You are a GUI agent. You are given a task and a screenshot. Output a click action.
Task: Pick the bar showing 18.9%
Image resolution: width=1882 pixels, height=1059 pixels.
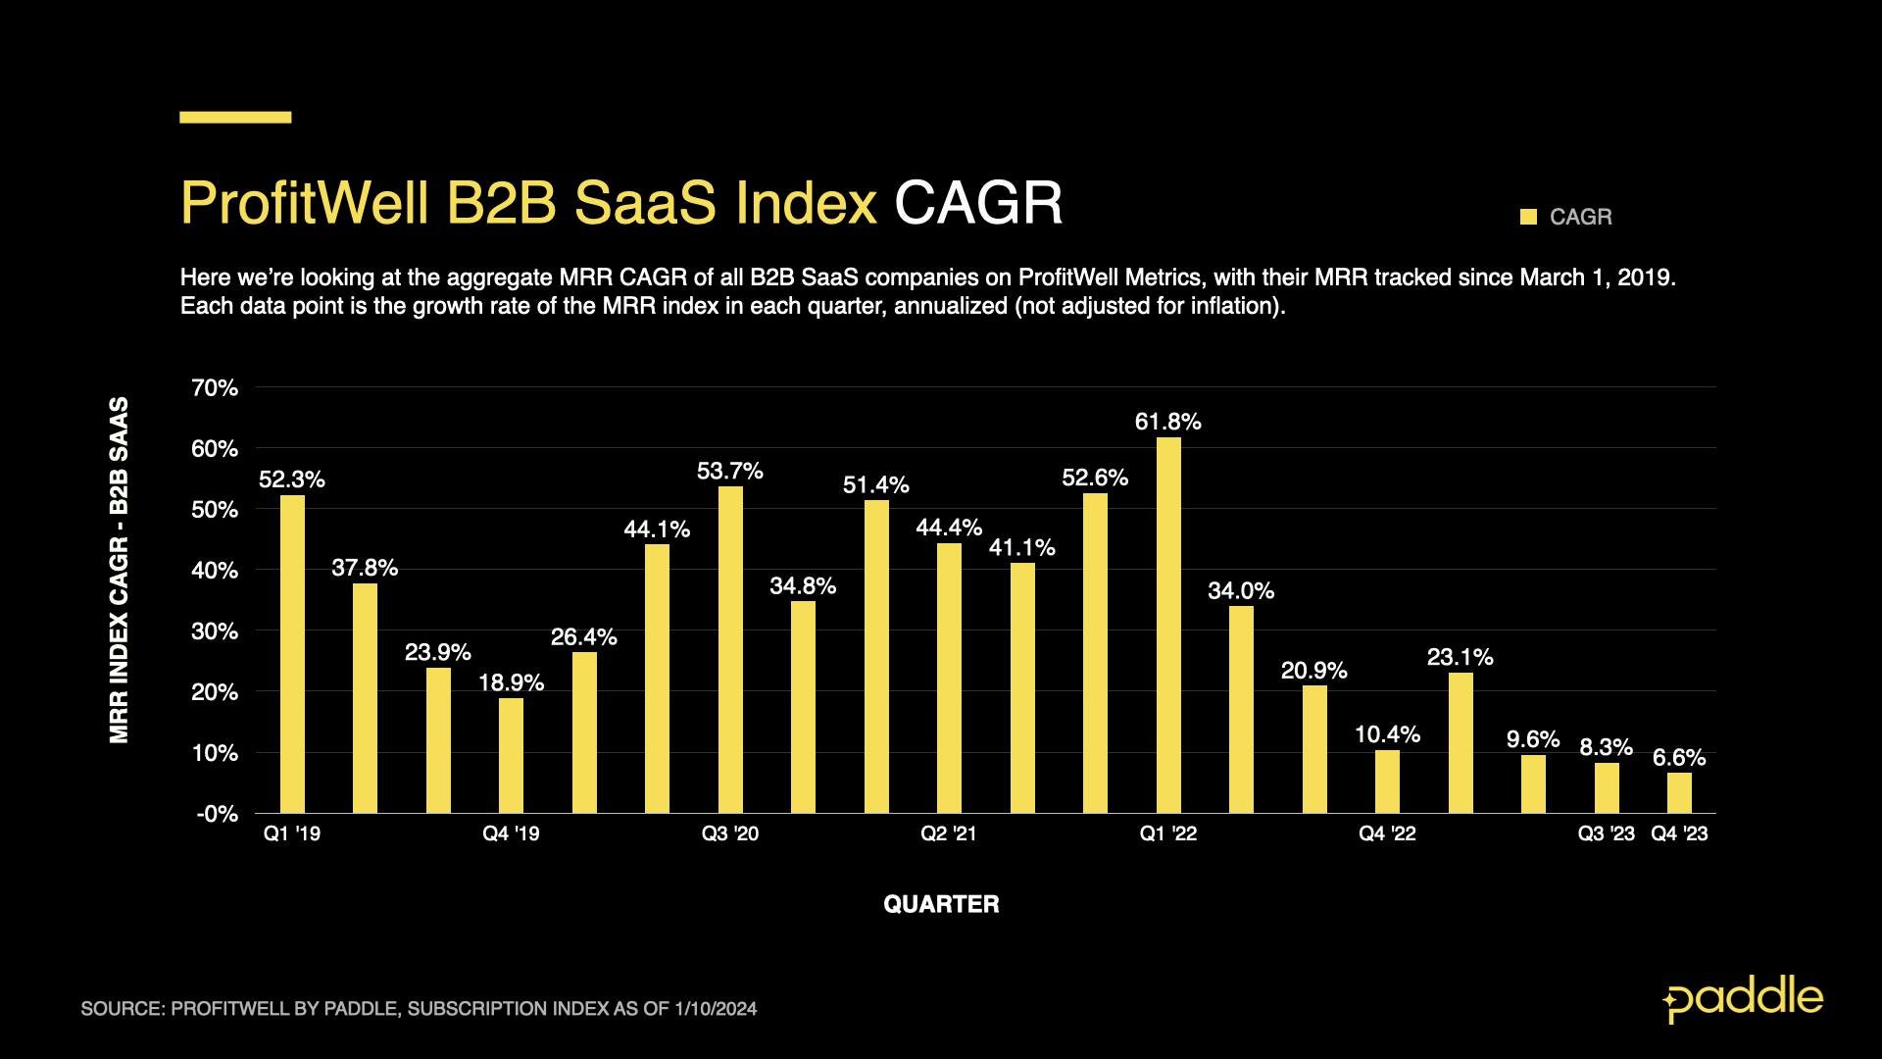tap(511, 755)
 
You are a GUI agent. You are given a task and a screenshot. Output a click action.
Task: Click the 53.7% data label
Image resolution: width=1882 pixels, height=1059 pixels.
tap(729, 472)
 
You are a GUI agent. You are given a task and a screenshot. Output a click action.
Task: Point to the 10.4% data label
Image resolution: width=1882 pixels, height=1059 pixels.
tap(1387, 734)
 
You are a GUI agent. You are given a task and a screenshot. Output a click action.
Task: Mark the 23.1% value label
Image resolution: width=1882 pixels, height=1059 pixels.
tap(1460, 657)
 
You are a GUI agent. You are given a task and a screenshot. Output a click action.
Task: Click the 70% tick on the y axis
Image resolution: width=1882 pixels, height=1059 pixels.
tap(216, 388)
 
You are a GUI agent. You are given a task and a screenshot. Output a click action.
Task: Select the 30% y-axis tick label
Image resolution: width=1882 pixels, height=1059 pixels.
tap(216, 631)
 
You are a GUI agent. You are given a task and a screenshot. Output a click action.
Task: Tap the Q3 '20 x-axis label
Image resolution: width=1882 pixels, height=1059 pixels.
tap(729, 834)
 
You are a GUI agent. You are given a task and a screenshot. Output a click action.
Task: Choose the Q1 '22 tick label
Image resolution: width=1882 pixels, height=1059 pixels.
tap(1167, 834)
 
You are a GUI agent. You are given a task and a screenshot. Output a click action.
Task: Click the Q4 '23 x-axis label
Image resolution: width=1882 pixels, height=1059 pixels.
tap(1679, 834)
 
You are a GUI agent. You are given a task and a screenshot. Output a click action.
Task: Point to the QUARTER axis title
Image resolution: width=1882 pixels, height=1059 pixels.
tap(941, 904)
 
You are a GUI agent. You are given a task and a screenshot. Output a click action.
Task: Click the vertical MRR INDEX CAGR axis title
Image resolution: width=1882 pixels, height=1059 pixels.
tap(120, 570)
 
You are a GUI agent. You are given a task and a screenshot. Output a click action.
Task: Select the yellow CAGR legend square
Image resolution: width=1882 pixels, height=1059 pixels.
tap(1528, 217)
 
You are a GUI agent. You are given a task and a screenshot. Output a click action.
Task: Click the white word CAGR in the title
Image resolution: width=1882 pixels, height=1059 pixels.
tap(977, 204)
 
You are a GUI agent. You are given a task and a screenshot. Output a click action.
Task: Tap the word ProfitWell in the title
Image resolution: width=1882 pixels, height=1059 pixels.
tap(304, 204)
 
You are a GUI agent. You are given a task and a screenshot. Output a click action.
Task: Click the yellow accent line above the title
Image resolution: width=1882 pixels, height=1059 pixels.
tap(235, 118)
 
